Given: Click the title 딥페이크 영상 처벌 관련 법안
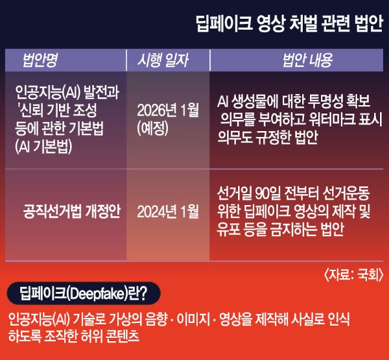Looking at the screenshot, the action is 289,24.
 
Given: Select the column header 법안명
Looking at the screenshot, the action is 40,60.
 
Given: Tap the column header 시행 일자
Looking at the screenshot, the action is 163,60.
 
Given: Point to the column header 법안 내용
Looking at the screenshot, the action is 307,60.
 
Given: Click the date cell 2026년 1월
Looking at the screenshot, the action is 168,110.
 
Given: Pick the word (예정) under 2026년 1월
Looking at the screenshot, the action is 152,128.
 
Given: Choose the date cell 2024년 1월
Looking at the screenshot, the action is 168,211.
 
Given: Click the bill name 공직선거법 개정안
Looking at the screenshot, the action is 72,211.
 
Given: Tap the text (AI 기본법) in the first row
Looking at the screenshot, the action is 43,147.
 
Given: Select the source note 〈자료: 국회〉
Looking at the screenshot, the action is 353,275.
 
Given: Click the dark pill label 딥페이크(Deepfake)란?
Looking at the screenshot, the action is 84,293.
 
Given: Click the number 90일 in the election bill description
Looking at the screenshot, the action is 268,193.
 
